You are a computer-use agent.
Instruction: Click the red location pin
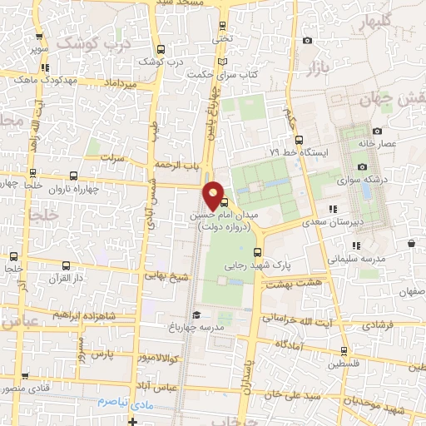pyautogui.click(x=214, y=195)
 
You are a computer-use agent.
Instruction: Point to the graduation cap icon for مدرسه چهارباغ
pyautogui.click(x=196, y=315)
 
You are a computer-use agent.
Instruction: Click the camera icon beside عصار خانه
pyautogui.click(x=377, y=131)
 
